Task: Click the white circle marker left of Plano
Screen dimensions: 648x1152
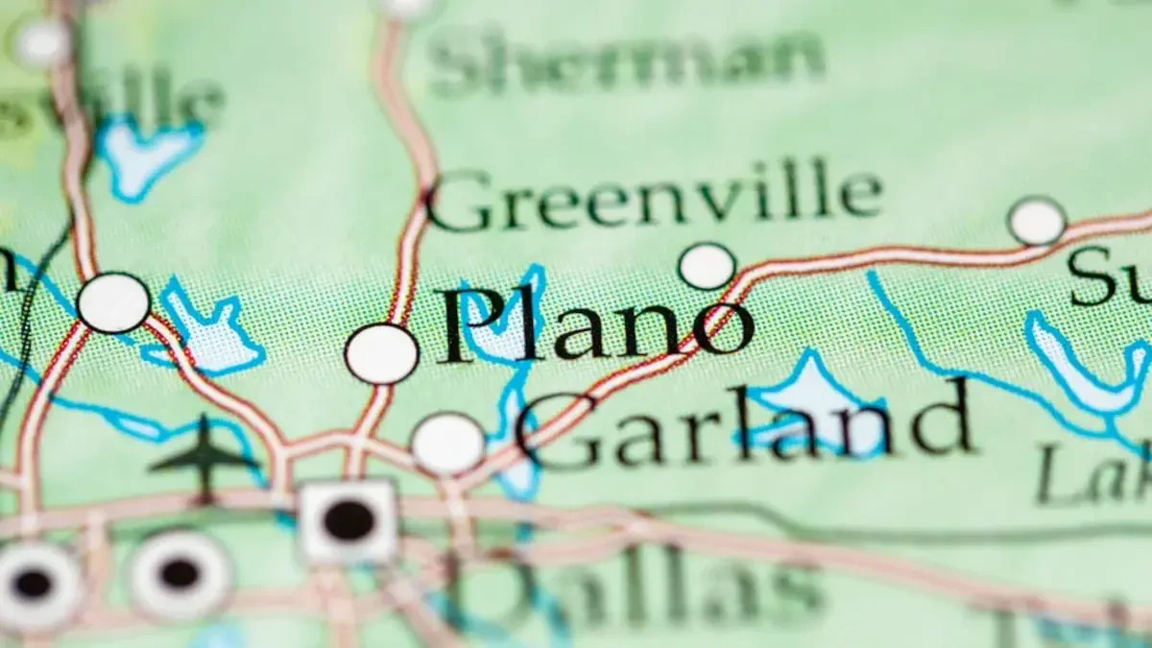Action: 381,353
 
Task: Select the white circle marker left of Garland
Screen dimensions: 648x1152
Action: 447,444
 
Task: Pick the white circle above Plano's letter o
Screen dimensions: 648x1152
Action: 707,266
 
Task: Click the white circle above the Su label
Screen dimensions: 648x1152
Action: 1037,221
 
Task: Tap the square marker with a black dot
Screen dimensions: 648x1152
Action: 348,520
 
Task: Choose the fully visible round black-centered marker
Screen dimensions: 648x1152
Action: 180,574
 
